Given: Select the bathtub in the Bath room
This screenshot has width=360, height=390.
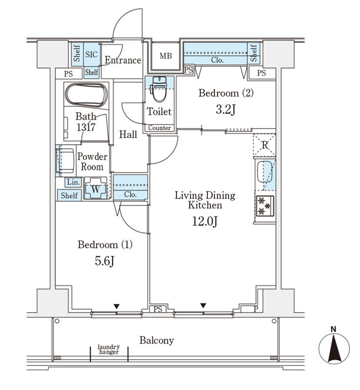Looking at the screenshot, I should coord(86,95).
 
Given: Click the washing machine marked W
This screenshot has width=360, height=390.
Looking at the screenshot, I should coord(96,188).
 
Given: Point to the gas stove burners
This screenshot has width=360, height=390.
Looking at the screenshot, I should coord(264,205).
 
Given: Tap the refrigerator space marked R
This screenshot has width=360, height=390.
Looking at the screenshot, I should coord(263,144).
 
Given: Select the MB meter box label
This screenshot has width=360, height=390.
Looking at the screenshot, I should coord(166,56).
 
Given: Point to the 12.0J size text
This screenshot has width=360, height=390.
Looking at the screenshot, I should coord(205,222).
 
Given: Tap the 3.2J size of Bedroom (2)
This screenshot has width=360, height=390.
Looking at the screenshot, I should coord(225,109).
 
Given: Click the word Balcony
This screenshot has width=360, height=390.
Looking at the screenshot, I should coord(157,340).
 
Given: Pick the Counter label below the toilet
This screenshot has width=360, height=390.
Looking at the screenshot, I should coord(160,128).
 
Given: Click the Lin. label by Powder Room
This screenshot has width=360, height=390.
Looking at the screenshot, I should coord(73,182).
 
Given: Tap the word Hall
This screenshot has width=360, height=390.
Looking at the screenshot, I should coord(128,135).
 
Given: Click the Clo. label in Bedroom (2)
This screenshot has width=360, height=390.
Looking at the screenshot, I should coord(218,60).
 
